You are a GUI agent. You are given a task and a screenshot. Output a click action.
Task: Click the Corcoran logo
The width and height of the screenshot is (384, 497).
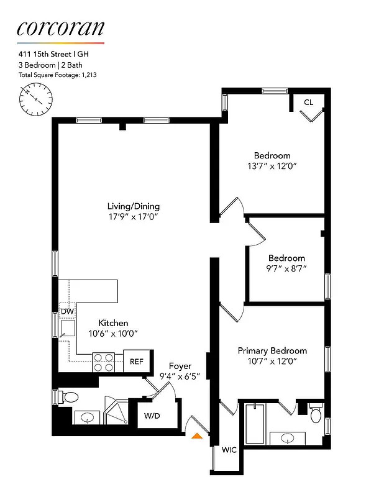point(60,28)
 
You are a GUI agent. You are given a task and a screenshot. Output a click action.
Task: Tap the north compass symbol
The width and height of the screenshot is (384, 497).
point(37,99)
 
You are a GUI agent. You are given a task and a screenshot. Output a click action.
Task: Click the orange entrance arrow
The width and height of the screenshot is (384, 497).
point(198,436)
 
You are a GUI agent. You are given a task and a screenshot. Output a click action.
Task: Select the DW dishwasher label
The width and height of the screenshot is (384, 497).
point(67,311)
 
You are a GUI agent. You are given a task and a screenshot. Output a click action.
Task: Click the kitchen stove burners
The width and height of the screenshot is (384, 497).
point(104,362)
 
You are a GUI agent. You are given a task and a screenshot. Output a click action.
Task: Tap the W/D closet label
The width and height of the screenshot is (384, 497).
point(152,415)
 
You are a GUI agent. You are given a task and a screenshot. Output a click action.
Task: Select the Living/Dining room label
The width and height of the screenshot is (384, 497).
point(134,206)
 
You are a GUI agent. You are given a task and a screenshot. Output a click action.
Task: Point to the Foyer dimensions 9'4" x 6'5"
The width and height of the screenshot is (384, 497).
point(180,376)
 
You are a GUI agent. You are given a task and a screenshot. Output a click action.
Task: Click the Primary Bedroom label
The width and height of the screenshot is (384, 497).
point(272,351)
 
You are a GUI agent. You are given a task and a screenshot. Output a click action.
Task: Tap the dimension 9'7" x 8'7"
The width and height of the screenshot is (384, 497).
point(286,269)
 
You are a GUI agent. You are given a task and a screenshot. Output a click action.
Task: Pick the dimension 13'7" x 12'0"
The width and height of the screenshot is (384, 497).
point(272,166)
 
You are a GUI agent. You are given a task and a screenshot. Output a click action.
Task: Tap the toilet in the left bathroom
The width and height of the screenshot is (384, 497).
point(70,396)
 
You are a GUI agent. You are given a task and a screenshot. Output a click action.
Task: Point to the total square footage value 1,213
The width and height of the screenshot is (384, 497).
point(87,75)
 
